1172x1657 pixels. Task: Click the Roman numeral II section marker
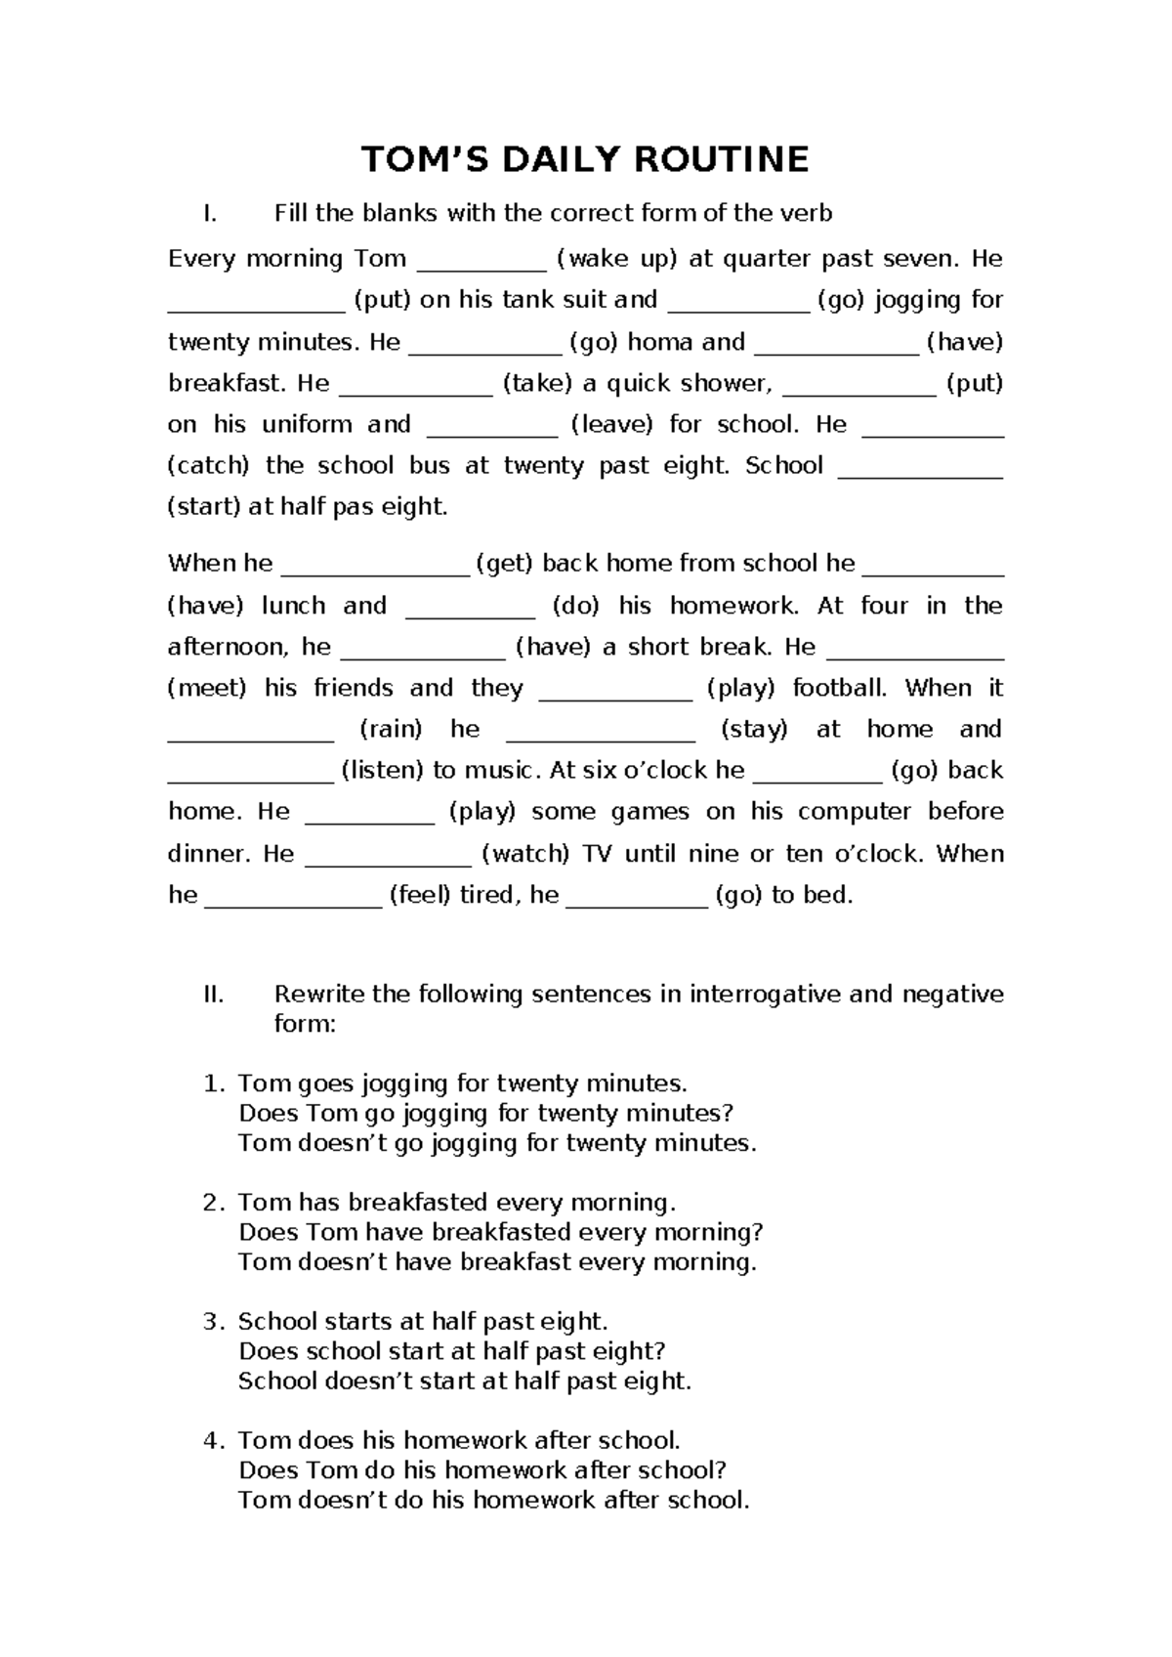pos(213,995)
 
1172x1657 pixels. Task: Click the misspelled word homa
pos(658,342)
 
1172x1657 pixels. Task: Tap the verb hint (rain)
pos(391,730)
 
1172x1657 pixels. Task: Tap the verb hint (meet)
pos(207,689)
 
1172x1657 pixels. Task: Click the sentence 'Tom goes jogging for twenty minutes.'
pos(463,1083)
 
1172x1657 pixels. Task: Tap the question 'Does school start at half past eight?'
pos(451,1351)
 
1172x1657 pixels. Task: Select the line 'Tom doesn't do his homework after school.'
pos(494,1500)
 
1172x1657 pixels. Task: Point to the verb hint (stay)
pos(753,730)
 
